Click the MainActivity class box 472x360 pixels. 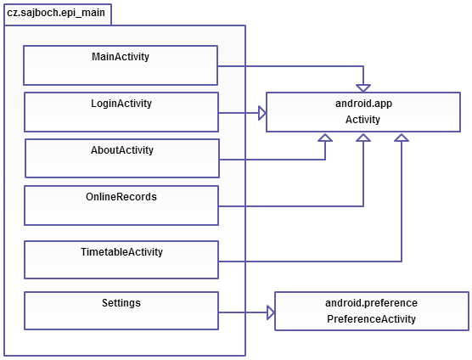tap(121, 65)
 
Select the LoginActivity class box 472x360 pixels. tap(121, 112)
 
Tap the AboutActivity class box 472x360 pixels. tap(122, 158)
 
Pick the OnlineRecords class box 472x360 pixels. tap(121, 205)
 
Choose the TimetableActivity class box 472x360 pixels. tap(121, 260)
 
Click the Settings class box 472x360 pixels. tap(121, 311)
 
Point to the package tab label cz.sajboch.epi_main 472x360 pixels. tap(56, 13)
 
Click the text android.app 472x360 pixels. tap(363, 104)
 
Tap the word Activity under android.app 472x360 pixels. tap(362, 120)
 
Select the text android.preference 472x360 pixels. tap(371, 303)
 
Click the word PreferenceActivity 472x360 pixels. tap(371, 318)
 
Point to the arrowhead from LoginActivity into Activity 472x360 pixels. tap(262, 113)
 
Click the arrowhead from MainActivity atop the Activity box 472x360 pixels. tap(363, 88)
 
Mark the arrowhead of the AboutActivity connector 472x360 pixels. tap(325, 138)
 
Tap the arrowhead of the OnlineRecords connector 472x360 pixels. tap(363, 138)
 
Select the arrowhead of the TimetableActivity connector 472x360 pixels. tap(402, 138)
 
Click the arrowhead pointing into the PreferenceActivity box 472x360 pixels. tap(271, 312)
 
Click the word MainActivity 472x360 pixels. tap(121, 57)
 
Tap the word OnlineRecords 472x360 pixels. tap(121, 196)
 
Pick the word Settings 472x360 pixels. tap(121, 303)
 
